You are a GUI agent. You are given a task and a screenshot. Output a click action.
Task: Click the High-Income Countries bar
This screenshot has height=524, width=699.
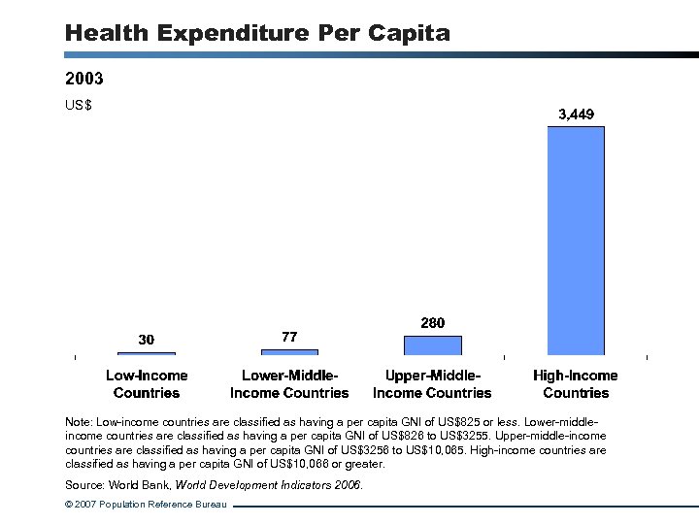(x=576, y=241)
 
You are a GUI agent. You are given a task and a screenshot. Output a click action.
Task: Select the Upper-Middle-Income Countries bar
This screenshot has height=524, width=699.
(x=432, y=345)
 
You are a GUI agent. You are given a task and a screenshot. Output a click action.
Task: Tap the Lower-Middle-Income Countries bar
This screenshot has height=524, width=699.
(x=289, y=352)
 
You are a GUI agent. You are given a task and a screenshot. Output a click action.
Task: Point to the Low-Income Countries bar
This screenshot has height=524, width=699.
(x=147, y=353)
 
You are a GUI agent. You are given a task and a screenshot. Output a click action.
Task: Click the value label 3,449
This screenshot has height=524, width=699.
(x=576, y=115)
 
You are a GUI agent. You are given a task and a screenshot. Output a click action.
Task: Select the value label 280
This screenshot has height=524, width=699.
(x=432, y=322)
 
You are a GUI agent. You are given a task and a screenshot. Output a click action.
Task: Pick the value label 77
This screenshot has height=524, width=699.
(x=289, y=337)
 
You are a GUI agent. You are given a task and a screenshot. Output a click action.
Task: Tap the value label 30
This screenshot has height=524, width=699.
(x=146, y=340)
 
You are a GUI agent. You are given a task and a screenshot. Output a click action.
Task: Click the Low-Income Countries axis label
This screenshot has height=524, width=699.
(x=147, y=384)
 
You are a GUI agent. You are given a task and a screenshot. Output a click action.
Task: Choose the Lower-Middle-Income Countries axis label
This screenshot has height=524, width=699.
(x=289, y=384)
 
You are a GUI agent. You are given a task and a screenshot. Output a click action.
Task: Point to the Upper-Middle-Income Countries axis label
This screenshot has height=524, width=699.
(x=432, y=384)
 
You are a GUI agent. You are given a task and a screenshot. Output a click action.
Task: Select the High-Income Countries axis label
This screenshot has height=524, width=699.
(x=576, y=384)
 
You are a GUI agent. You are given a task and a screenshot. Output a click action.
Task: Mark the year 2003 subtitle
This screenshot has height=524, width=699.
(x=84, y=78)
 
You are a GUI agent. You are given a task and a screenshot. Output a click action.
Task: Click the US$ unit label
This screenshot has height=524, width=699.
(x=78, y=105)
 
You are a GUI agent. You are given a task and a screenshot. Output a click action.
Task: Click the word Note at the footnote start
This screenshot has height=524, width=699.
(x=78, y=423)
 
